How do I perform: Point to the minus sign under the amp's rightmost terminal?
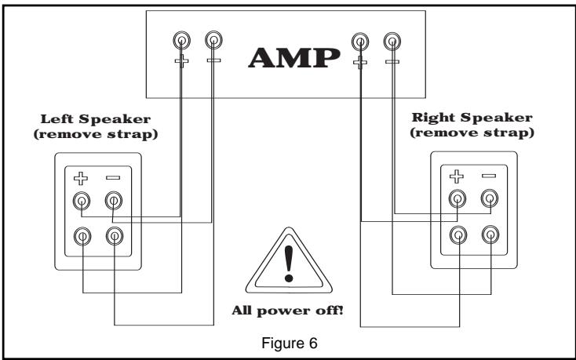392,60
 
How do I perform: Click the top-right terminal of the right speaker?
490,200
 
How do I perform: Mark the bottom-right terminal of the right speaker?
490,233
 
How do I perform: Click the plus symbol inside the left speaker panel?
82,178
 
